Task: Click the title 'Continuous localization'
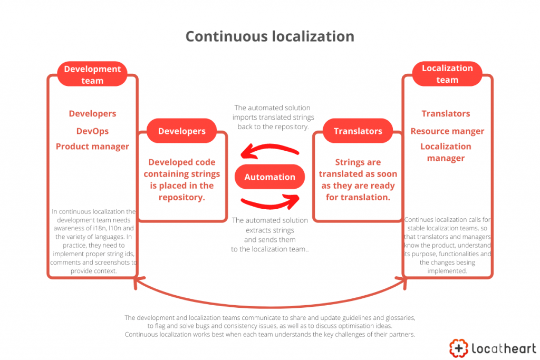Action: click(269, 36)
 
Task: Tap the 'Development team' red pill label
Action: click(92, 75)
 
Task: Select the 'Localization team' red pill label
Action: click(447, 74)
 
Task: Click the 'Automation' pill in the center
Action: click(269, 177)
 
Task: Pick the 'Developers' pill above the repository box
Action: click(182, 131)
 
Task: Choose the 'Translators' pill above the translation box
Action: click(358, 131)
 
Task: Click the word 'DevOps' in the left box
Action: click(92, 131)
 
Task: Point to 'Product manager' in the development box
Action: click(92, 147)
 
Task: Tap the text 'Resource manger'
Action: click(447, 131)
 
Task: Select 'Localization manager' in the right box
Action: click(446, 152)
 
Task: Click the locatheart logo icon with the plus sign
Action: click(459, 347)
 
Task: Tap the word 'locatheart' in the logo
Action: click(503, 348)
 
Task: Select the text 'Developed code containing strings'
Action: click(182, 168)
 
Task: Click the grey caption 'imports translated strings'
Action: click(273, 117)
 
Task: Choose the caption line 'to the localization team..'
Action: click(269, 249)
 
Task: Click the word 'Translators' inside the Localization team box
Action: click(446, 114)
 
